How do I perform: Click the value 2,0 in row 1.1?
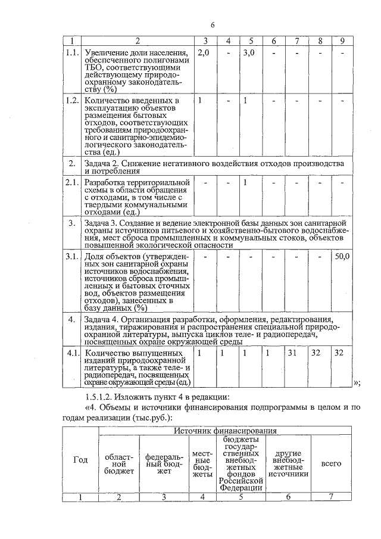click(x=204, y=53)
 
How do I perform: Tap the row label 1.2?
click(x=72, y=99)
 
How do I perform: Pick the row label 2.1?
click(x=72, y=182)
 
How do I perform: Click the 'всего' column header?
click(x=331, y=463)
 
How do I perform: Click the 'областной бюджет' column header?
click(x=118, y=463)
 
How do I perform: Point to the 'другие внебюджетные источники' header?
click(x=289, y=463)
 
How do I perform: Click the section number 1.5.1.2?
click(x=104, y=397)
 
